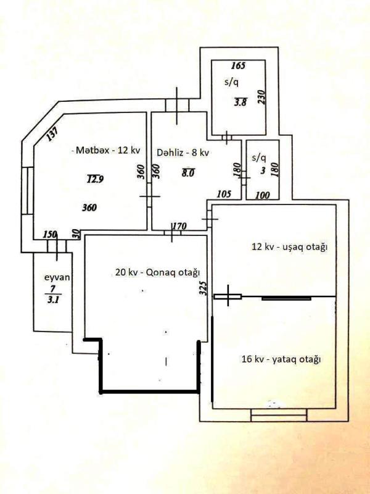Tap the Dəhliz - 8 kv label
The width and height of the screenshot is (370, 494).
(x=183, y=153)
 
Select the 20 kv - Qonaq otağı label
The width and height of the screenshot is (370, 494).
(x=158, y=272)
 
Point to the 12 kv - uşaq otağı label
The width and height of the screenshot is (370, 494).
(x=289, y=247)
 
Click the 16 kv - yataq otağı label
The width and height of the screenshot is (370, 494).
(x=281, y=359)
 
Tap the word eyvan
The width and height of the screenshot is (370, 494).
(x=57, y=278)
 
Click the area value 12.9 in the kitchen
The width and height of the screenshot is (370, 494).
(x=96, y=179)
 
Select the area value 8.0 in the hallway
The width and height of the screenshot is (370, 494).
(x=188, y=172)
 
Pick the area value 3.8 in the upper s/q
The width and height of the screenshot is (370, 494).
(x=240, y=102)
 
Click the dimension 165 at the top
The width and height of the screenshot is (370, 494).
(x=238, y=66)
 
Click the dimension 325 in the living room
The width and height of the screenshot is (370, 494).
(x=203, y=288)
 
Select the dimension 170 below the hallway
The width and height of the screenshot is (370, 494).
(x=179, y=226)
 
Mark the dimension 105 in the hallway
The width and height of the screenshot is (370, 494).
(x=224, y=194)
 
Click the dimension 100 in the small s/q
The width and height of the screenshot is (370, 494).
(x=262, y=196)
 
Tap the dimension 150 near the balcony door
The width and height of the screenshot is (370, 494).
(x=50, y=235)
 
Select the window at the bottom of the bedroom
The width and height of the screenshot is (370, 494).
(x=279, y=415)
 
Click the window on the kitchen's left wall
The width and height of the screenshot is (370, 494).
(x=27, y=191)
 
